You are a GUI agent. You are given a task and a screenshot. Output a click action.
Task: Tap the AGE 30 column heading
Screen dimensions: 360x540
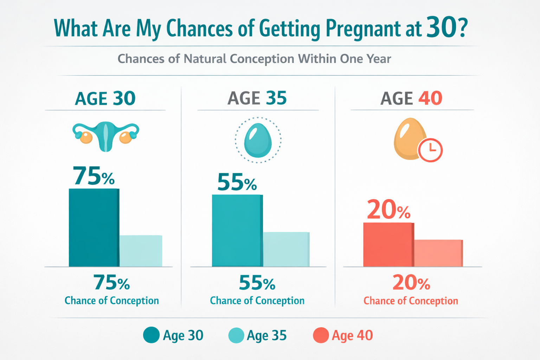105,98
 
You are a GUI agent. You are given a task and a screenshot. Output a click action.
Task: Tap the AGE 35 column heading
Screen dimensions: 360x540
257,98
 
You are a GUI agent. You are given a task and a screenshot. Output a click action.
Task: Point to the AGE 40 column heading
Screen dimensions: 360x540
411,98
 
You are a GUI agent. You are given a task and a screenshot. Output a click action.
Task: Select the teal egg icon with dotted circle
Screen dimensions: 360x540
258,140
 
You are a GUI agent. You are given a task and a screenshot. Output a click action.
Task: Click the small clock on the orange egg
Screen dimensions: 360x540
430,150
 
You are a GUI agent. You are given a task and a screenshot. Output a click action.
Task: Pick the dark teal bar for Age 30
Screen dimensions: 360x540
94,227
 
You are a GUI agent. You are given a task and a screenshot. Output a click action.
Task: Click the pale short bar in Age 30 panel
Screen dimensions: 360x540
141,251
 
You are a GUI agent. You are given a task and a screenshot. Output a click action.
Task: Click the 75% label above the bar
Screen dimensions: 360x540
94,176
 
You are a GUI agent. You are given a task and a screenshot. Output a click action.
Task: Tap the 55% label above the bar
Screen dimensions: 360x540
237,182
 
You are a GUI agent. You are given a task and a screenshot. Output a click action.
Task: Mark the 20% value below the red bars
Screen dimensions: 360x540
411,283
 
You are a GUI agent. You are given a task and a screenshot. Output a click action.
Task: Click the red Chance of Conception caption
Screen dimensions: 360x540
411,301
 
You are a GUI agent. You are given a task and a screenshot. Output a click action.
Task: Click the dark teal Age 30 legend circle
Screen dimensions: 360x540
152,335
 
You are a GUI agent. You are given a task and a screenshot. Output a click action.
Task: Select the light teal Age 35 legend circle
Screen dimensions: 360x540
236,335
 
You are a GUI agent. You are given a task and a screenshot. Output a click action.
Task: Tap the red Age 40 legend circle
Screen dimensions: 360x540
321,335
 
